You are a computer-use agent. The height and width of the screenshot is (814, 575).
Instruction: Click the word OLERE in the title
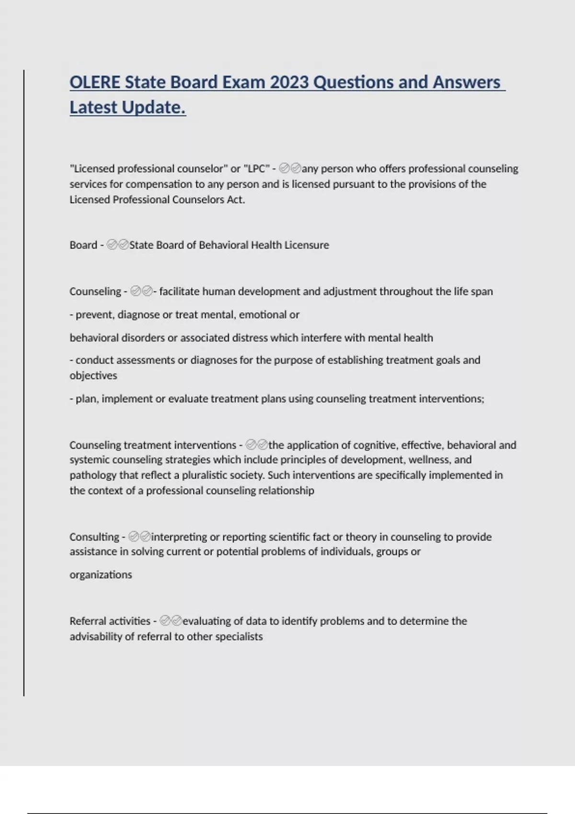coord(95,83)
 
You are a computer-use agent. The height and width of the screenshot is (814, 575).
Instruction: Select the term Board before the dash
coord(83,245)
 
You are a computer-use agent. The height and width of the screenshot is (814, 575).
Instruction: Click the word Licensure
coord(307,245)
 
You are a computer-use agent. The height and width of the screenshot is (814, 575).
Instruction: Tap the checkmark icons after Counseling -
coord(141,292)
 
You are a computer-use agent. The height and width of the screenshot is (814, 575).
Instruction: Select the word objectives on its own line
coord(93,376)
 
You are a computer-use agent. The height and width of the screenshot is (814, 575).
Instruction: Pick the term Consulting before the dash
coord(94,537)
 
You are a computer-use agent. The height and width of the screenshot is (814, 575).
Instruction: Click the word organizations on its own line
coord(101,575)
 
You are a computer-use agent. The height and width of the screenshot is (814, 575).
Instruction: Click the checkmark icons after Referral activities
coord(171,622)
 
